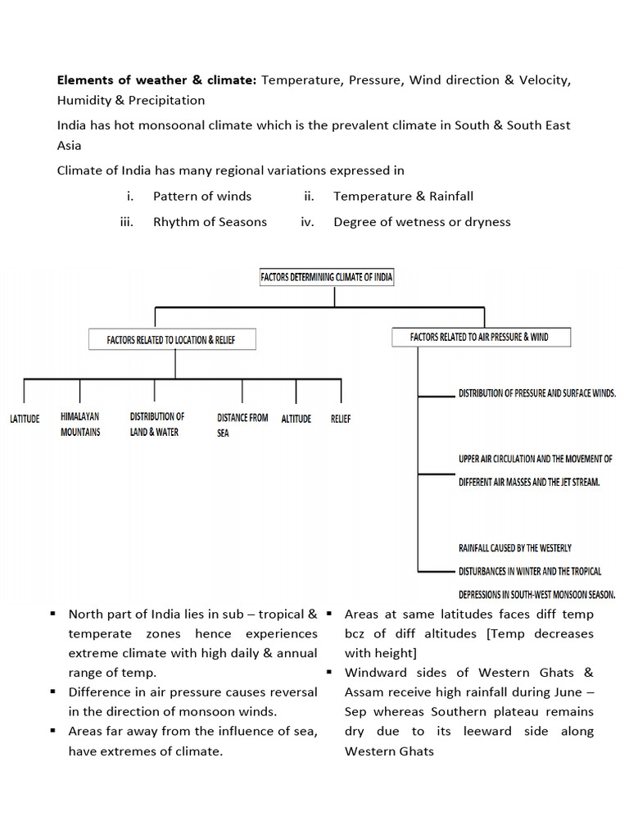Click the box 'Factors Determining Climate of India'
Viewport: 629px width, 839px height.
327,277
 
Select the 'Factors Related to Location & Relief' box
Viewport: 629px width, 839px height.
171,339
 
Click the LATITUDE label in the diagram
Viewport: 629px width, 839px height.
25,419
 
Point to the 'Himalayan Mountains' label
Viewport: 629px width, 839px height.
80,424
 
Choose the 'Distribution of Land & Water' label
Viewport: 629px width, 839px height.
156,424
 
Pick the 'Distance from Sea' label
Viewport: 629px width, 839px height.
242,424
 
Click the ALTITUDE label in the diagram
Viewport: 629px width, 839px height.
296,419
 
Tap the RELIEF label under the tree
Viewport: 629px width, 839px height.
341,419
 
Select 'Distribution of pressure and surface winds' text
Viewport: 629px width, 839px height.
536,393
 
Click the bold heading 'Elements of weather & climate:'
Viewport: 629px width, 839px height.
156,80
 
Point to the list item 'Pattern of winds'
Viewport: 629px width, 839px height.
202,196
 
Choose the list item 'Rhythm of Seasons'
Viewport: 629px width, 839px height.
210,221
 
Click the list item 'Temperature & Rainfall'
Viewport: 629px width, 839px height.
403,196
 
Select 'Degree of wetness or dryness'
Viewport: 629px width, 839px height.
422,221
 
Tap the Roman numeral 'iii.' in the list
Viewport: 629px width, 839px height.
126,221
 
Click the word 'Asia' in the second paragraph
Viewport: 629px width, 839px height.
69,144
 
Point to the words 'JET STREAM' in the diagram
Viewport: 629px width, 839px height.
575,482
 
